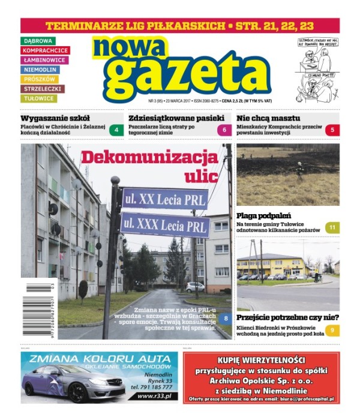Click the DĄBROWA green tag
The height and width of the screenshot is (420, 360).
tap(38, 41)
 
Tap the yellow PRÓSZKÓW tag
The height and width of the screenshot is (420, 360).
tap(40, 79)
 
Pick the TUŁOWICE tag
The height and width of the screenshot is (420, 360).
tap(39, 98)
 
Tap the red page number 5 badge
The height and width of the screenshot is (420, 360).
tap(332, 130)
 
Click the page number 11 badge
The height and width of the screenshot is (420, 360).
tap(332, 227)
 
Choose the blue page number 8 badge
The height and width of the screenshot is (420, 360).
tap(224, 319)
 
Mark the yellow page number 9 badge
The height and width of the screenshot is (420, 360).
tap(332, 329)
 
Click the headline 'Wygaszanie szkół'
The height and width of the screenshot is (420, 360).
tap(55, 118)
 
